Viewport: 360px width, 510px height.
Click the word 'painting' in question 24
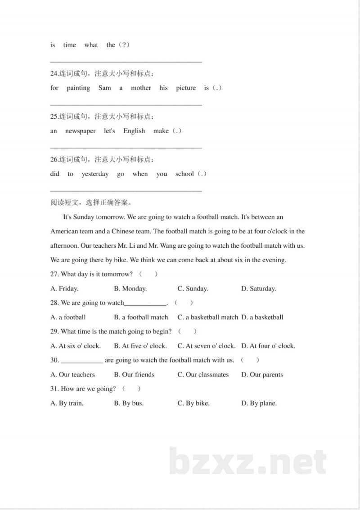[78, 88]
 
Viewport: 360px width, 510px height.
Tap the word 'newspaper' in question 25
[80, 131]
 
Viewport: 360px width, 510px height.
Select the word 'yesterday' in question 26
[95, 174]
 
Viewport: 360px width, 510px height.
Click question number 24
[54, 74]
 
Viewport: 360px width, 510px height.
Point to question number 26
[54, 160]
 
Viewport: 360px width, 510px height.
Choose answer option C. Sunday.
[193, 289]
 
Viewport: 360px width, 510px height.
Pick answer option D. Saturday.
[258, 289]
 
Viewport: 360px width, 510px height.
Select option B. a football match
[141, 318]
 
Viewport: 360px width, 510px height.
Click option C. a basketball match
[207, 318]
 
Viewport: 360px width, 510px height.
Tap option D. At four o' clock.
[268, 346]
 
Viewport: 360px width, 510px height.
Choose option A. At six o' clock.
[76, 346]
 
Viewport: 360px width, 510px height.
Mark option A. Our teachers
[72, 375]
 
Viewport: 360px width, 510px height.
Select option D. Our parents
[262, 375]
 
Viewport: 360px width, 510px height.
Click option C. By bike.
[193, 403]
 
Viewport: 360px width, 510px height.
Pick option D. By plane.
[259, 403]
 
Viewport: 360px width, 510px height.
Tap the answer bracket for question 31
[131, 389]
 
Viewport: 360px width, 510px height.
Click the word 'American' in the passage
[64, 232]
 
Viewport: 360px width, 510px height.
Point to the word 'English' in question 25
[134, 131]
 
